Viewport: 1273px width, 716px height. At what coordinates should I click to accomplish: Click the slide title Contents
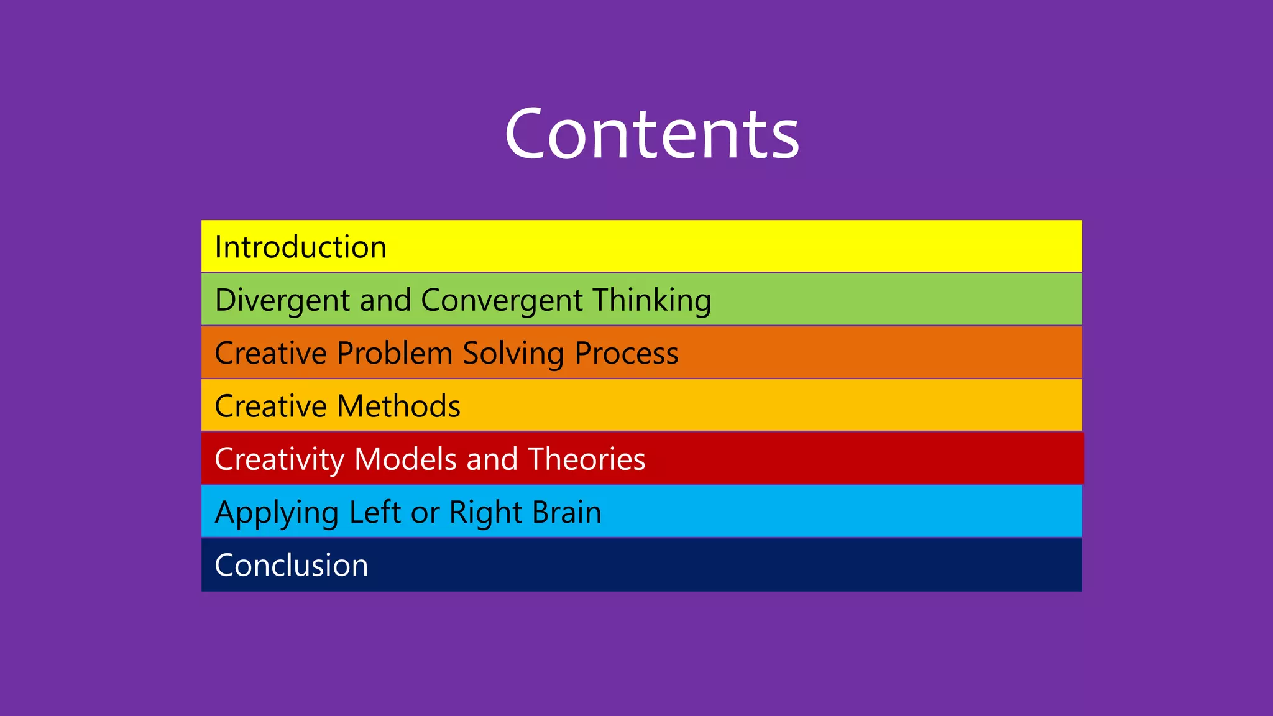[x=651, y=134]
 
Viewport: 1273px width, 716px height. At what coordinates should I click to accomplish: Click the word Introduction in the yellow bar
[x=301, y=247]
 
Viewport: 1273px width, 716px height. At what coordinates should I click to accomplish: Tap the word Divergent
[x=282, y=300]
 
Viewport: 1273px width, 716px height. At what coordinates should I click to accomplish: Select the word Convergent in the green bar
[x=502, y=300]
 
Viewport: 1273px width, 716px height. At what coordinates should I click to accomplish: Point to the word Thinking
[x=651, y=300]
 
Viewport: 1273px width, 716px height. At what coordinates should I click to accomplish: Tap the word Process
[x=627, y=353]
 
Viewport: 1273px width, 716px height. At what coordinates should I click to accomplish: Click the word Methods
[x=399, y=406]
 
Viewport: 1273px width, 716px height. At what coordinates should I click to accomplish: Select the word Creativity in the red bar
[x=280, y=459]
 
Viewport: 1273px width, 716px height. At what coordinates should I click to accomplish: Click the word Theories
[x=587, y=459]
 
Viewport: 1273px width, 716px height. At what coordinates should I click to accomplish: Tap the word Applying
[x=277, y=513]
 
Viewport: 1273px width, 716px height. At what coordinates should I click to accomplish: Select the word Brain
[x=567, y=512]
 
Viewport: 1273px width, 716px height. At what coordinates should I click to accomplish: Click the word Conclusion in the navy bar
[x=292, y=566]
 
